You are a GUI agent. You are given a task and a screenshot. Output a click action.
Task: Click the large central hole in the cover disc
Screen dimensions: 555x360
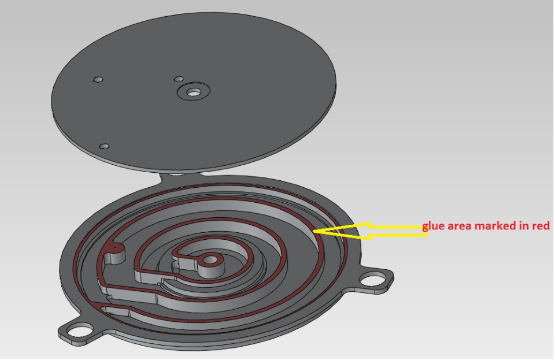click(x=193, y=92)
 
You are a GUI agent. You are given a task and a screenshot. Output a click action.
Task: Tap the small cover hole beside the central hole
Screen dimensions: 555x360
click(x=179, y=79)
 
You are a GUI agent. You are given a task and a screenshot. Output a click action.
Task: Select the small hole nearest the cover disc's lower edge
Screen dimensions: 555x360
click(x=104, y=146)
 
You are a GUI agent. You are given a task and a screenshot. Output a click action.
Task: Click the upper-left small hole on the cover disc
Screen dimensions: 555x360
click(x=98, y=79)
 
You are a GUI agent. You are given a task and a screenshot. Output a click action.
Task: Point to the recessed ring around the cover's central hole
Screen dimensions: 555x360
click(x=193, y=91)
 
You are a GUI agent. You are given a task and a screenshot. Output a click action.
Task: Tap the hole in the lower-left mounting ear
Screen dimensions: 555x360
click(x=80, y=331)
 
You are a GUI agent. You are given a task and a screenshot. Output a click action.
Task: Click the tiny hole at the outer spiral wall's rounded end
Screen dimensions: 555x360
click(x=115, y=248)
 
